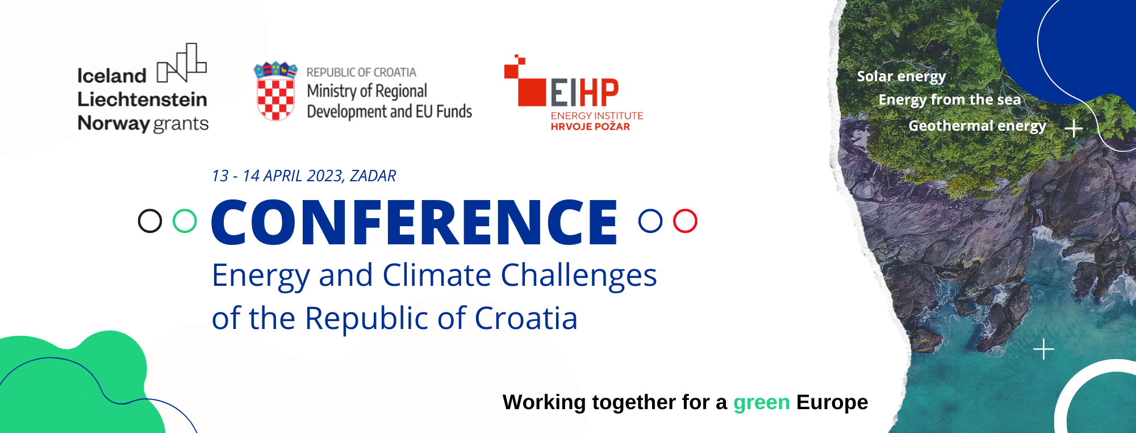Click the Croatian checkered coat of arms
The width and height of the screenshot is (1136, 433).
coord(275,91)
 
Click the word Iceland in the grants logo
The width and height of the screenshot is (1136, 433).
coord(112,76)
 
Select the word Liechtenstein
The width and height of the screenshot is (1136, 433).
coord(142,99)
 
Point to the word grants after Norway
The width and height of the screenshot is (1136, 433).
coord(181,124)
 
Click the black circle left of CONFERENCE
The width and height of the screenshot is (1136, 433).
coord(150,221)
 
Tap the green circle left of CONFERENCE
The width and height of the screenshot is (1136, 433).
coord(185,221)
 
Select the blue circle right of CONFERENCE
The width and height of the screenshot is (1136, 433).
coord(650,221)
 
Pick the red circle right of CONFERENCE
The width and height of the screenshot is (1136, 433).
coord(685,221)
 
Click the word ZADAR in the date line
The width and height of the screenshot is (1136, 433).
coord(373,176)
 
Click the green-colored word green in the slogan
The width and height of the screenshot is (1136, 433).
coord(761,403)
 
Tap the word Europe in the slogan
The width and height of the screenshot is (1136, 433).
coord(832,403)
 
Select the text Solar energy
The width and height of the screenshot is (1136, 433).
coord(901,77)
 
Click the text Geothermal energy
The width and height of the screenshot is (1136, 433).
coord(977,126)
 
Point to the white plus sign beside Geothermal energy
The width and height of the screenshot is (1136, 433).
coord(1074,129)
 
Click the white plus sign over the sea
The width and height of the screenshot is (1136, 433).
coord(1044,349)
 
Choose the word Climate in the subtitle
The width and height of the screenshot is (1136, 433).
coord(437,276)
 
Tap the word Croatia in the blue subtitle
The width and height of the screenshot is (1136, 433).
coord(526,318)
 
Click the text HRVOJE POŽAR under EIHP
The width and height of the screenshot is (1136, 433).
coord(590,127)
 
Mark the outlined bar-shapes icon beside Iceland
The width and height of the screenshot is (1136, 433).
coord(182,63)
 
